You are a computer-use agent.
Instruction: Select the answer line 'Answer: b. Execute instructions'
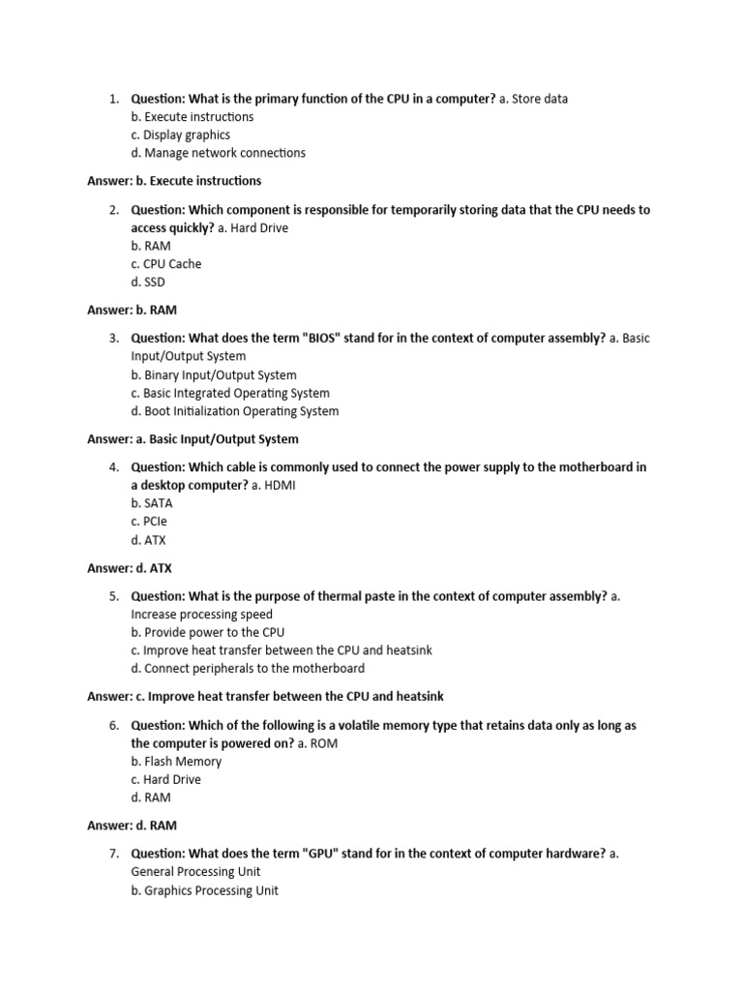pos(174,181)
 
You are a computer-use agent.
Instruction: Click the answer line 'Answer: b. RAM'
pos(132,311)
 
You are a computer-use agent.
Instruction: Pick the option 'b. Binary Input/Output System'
pos(214,375)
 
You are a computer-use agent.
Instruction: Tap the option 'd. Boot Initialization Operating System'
pos(235,411)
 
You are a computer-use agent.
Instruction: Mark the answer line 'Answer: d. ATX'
pos(129,569)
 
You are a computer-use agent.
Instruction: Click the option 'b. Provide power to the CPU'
pos(208,633)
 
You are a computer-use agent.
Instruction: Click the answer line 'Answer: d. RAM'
pos(132,826)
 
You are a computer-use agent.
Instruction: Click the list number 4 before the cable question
pos(113,467)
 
